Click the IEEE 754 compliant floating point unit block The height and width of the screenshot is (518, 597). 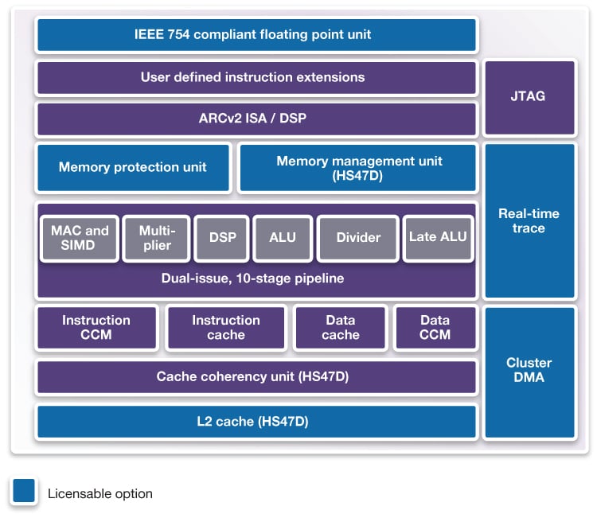[x=256, y=35]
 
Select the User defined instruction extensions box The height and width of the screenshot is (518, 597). [x=256, y=78]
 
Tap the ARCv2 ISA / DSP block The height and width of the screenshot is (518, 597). [x=256, y=119]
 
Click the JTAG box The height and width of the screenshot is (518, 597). [x=529, y=97]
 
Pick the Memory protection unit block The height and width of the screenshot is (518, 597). [x=133, y=167]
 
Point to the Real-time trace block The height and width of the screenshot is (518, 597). [x=529, y=221]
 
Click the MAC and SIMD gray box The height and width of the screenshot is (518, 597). [x=79, y=238]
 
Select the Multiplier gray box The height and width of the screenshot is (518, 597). [x=157, y=238]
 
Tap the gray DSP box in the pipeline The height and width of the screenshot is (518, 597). [x=221, y=238]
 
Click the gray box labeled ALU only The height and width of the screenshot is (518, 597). [x=282, y=238]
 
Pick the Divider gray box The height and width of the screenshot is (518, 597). [x=357, y=238]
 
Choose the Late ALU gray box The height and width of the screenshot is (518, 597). [x=438, y=238]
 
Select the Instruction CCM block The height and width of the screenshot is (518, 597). [x=96, y=328]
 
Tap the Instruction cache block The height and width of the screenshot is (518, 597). [x=226, y=328]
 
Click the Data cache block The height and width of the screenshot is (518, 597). [x=341, y=328]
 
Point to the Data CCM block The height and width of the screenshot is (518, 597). [x=435, y=328]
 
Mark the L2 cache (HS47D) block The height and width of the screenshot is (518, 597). [x=256, y=422]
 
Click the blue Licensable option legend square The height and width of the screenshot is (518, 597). [x=24, y=492]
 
